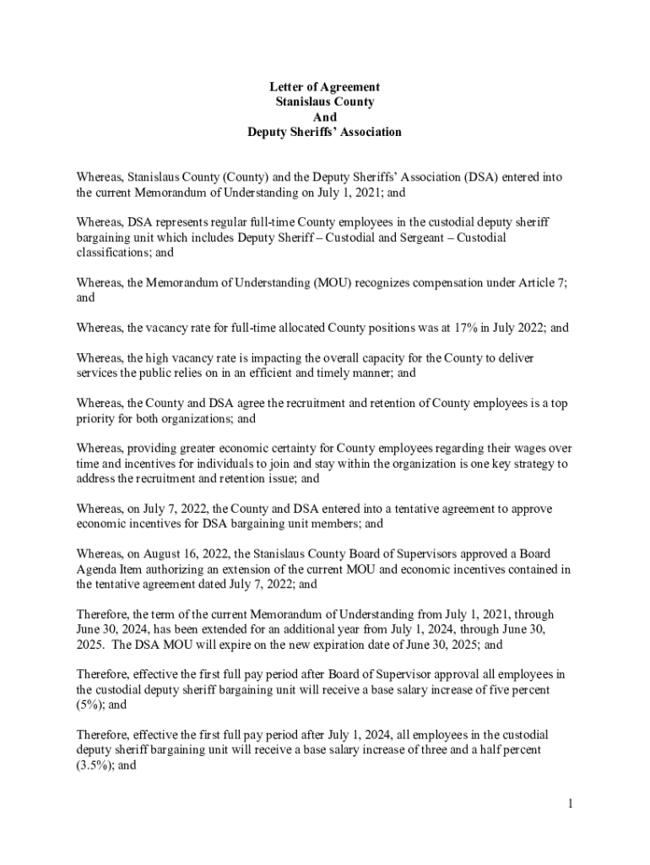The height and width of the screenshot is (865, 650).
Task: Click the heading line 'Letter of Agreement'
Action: click(324, 87)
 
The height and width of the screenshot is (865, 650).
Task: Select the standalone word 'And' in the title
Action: click(324, 117)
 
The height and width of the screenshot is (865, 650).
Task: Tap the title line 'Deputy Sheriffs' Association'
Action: click(324, 133)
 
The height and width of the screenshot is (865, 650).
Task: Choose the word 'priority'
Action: click(95, 418)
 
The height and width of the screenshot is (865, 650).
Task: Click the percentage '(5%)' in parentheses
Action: click(89, 705)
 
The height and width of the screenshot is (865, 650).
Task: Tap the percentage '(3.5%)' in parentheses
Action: click(95, 765)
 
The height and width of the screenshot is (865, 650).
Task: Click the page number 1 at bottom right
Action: click(571, 803)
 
